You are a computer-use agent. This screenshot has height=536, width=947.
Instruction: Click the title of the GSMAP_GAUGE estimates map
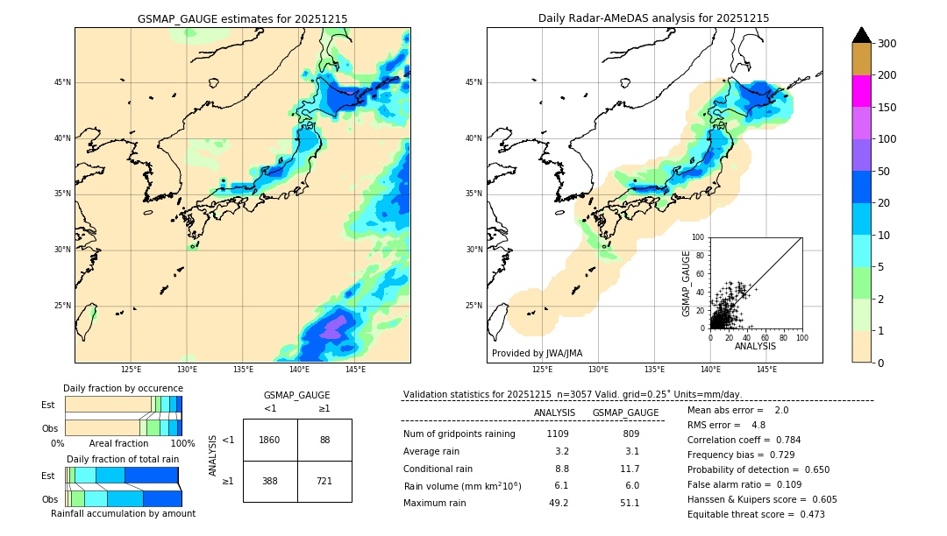[x=242, y=18]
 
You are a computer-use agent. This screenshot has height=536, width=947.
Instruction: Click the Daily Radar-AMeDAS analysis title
[x=653, y=18]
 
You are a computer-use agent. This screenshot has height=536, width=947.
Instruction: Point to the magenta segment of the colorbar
[x=862, y=91]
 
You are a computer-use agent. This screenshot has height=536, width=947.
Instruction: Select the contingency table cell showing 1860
[x=270, y=440]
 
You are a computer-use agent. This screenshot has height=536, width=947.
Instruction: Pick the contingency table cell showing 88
[x=324, y=440]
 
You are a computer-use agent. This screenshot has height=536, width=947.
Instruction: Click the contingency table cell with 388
[x=270, y=481]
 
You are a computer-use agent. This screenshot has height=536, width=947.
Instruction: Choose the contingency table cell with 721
[x=324, y=481]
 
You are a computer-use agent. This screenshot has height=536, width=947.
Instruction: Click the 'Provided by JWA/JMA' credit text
[x=537, y=354]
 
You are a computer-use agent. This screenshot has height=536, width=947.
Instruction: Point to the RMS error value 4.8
[x=758, y=425]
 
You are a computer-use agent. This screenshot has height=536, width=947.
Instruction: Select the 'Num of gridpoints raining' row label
[x=459, y=434]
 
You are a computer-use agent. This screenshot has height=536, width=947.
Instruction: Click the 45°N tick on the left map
[x=62, y=82]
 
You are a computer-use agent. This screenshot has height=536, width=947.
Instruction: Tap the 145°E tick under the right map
[x=766, y=370]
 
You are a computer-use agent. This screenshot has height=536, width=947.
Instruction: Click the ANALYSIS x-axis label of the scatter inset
[x=755, y=347]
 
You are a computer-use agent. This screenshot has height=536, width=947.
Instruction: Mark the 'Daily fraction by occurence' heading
[x=123, y=388]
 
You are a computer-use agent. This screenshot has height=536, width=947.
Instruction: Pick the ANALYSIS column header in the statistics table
[x=554, y=413]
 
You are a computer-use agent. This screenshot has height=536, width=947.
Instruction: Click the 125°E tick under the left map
[x=131, y=370]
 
